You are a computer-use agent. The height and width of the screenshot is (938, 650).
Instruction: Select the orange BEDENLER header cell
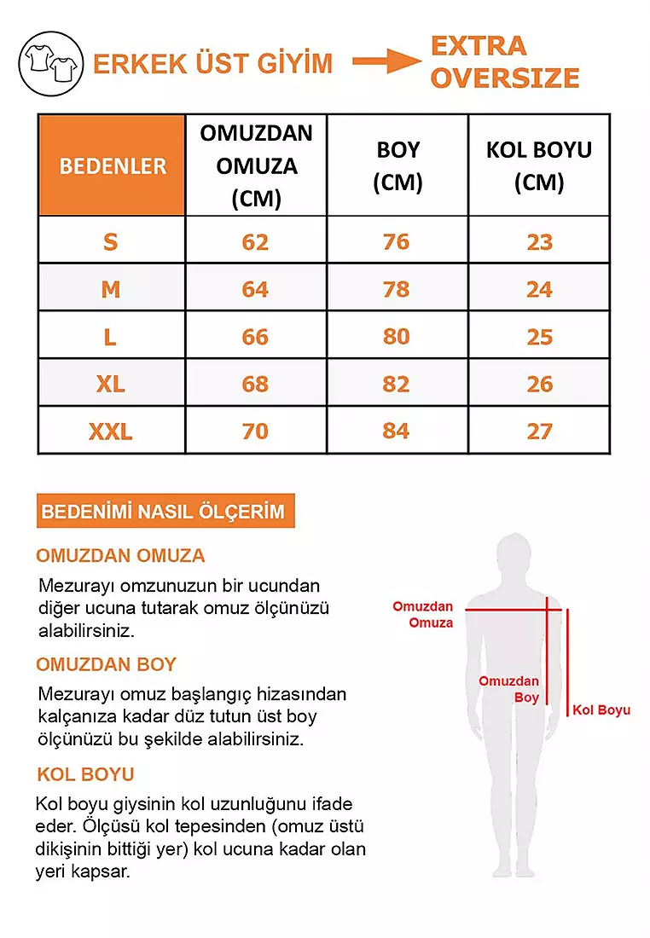112,165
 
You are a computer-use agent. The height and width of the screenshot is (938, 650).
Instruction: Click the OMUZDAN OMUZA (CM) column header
256,165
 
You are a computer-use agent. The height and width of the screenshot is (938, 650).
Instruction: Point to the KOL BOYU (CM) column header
538,165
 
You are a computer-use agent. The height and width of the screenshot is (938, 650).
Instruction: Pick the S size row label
111,242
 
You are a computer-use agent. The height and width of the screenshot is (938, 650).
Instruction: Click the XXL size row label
111,431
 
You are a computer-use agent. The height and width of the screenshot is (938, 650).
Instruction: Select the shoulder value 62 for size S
255,242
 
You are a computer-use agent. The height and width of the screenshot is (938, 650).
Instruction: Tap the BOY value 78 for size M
396,290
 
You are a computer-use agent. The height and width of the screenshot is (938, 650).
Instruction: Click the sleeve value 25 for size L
539,337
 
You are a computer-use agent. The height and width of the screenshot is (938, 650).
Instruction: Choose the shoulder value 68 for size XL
255,384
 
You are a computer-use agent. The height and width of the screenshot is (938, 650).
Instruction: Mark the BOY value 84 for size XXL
396,431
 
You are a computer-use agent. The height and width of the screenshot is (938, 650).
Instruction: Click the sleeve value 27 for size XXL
539,431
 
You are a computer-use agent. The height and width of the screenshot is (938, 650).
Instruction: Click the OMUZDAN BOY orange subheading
106,664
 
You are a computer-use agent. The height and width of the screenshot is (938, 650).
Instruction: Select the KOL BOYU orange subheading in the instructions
85,774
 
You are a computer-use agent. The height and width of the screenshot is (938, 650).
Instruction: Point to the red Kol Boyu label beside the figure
601,710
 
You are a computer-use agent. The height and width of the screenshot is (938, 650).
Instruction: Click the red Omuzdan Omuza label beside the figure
423,615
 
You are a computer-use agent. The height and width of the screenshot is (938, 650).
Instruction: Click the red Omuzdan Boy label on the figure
509,689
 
